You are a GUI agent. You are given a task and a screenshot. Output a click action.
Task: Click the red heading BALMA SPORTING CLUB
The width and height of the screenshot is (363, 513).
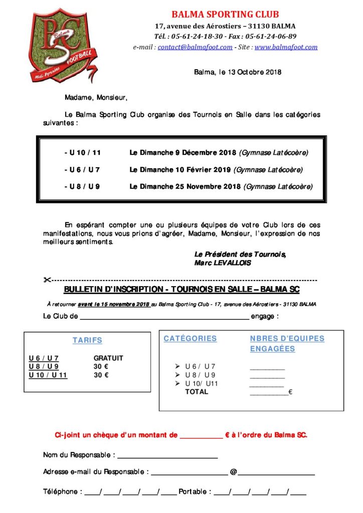click(x=225, y=15)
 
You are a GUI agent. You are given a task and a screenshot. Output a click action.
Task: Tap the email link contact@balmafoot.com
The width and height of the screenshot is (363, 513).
click(x=195, y=47)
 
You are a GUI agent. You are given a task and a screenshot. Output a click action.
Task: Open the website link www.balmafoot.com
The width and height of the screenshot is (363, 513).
click(x=286, y=47)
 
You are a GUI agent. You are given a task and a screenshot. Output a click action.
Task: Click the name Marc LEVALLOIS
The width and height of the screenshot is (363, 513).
click(x=222, y=263)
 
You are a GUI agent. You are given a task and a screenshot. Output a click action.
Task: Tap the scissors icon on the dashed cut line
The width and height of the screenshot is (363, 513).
click(x=48, y=280)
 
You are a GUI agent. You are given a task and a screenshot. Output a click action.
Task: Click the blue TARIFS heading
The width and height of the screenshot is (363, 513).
click(x=87, y=340)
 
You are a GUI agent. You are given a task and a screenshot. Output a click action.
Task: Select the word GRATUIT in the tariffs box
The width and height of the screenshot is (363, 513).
click(x=108, y=358)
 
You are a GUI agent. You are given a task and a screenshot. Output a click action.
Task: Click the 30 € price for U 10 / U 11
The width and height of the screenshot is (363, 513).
click(x=101, y=375)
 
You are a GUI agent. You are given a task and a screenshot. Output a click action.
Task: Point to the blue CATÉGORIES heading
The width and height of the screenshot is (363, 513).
click(x=190, y=339)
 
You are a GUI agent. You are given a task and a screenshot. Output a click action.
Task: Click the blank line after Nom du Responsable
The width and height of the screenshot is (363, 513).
click(x=167, y=457)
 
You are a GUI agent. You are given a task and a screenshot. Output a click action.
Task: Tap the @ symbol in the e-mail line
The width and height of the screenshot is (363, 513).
click(x=233, y=472)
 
